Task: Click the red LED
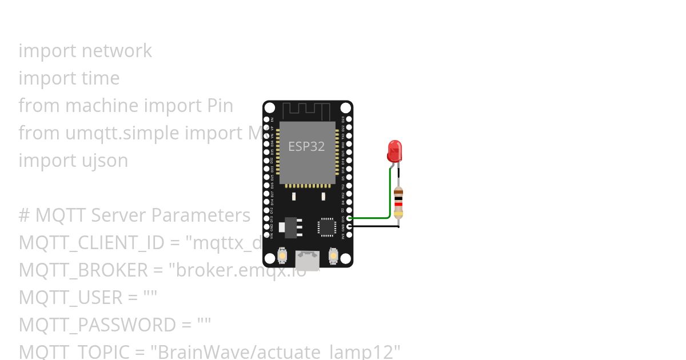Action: pyautogui.click(x=394, y=151)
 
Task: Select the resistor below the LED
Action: pyautogui.click(x=398, y=202)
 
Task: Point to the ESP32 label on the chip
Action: pyautogui.click(x=306, y=146)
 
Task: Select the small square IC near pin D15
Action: pyautogui.click(x=327, y=226)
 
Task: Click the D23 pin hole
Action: pyautogui.click(x=349, y=119)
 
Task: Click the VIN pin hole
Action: pyautogui.click(x=266, y=235)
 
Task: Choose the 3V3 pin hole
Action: pyautogui.click(x=349, y=235)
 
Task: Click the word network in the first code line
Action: pyautogui.click(x=117, y=51)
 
